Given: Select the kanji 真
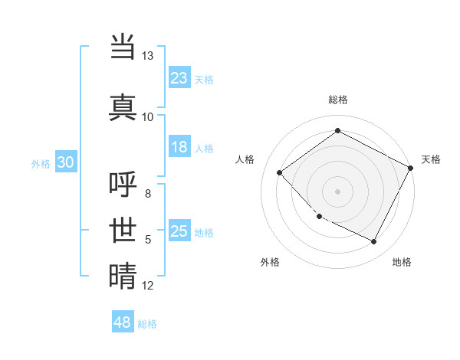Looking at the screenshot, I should click(123, 106).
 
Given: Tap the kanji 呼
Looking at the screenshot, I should click(123, 186).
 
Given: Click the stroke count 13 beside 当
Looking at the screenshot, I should click(148, 57).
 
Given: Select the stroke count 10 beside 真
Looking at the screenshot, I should click(148, 116).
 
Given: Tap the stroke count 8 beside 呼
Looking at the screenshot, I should click(148, 194).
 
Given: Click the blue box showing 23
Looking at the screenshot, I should click(179, 77).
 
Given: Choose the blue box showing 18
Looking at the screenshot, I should click(179, 148).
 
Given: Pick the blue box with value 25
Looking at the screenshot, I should click(179, 231).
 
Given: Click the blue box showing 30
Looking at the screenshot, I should click(65, 162).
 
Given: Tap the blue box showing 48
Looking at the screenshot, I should click(123, 322).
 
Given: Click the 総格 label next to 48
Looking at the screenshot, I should click(148, 324).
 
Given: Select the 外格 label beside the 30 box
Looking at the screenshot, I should click(41, 163).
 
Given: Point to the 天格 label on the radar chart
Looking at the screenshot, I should click(431, 159).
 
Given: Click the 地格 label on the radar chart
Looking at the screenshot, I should click(402, 262).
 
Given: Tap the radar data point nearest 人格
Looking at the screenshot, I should click(280, 172).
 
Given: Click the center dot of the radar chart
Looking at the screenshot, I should click(337, 191).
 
